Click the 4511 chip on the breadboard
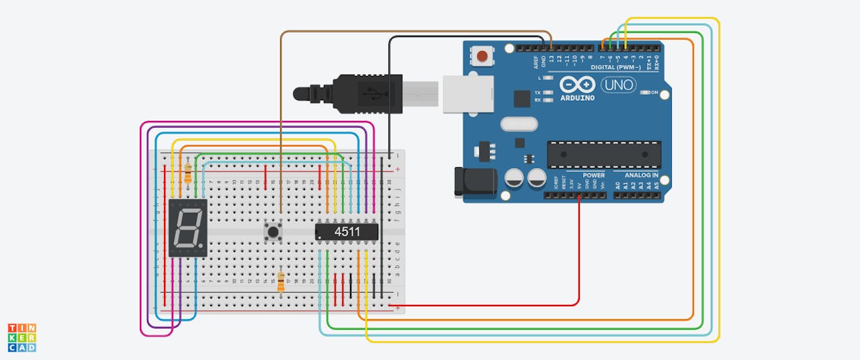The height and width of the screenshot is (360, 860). (347, 232)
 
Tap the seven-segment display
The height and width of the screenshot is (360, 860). (188, 228)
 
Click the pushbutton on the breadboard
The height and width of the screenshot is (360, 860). (273, 232)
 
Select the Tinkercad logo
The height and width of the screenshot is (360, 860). (22, 337)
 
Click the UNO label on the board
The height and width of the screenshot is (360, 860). (617, 85)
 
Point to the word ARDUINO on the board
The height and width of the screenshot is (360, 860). (577, 98)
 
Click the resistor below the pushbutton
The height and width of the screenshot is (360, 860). (281, 282)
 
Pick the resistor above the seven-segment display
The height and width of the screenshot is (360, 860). (187, 173)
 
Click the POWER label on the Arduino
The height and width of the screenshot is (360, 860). (594, 175)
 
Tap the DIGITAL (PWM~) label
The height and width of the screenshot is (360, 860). (617, 68)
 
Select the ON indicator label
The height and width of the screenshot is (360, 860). (654, 93)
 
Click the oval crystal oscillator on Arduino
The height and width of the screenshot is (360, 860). (519, 124)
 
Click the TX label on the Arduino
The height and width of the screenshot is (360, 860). (538, 93)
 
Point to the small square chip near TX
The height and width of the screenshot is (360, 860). (521, 99)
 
